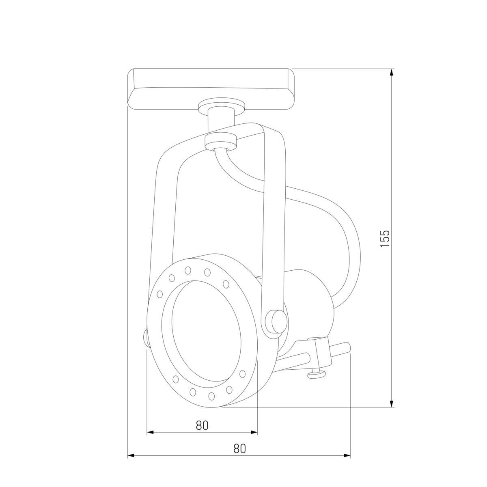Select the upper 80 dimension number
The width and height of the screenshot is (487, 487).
coord(202,425)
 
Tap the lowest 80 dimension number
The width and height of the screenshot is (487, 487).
coord(239,448)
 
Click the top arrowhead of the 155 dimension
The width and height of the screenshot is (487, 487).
coord(391,73)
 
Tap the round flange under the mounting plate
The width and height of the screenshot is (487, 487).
coord(221,106)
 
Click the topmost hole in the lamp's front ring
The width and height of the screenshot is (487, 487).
coord(188,269)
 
